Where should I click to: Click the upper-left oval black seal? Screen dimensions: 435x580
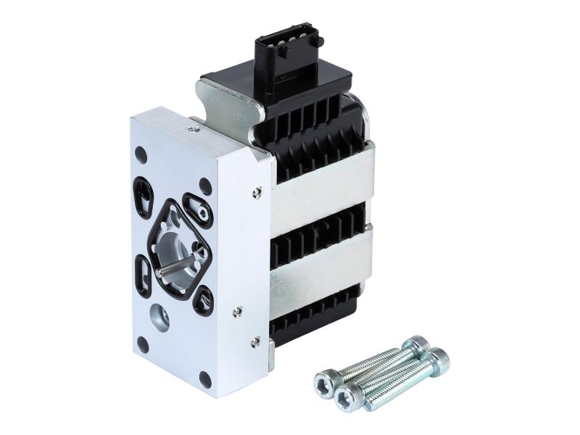click(144, 194)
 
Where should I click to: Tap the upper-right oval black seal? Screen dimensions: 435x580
click(197, 208)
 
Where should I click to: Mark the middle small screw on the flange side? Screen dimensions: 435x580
click(236, 311)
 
